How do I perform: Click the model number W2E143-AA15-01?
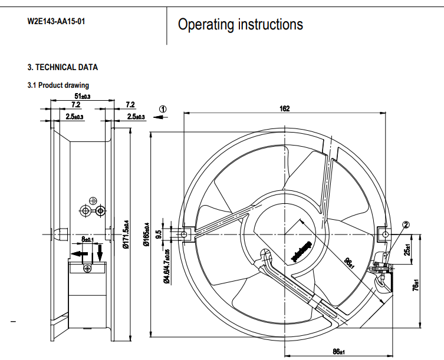[x=57, y=21]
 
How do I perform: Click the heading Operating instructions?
[x=241, y=24]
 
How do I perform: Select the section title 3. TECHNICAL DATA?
[x=63, y=67]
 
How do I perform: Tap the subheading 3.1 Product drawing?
[x=58, y=85]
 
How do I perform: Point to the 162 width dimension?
[x=284, y=108]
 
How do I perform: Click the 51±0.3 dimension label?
[x=83, y=96]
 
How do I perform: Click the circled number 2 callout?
[x=406, y=224]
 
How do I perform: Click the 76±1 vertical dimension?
[x=416, y=284]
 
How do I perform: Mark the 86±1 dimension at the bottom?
[x=338, y=352]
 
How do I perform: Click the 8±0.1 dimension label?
[x=88, y=239]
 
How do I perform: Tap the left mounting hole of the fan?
[x=185, y=235]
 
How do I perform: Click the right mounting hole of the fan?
[x=385, y=235]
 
